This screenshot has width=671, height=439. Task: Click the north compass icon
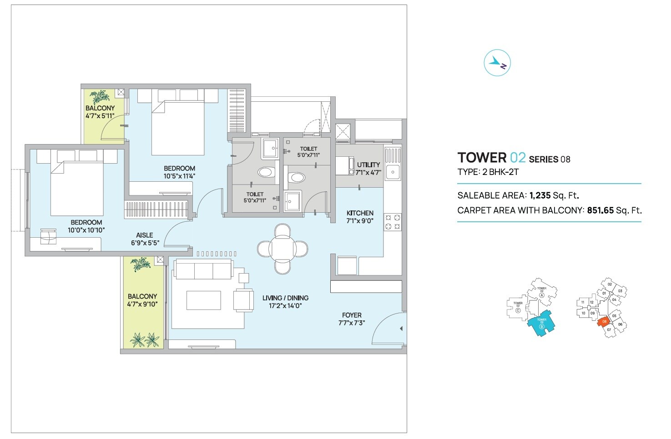497,63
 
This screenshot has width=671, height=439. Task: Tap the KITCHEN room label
360,213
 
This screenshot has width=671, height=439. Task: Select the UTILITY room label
368,165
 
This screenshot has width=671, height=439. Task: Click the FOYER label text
352,315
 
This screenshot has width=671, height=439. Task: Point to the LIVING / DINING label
285,298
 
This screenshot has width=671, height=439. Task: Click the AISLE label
144,235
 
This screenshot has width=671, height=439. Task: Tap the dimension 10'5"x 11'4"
179,176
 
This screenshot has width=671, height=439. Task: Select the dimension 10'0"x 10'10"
86,230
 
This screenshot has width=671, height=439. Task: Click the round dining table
282,249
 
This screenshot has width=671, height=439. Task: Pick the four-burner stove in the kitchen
393,222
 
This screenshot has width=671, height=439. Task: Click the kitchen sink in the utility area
393,172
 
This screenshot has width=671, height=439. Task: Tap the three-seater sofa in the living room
203,271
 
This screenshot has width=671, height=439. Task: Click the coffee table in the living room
203,300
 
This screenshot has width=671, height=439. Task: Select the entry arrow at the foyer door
401,329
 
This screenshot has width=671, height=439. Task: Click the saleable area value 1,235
540,196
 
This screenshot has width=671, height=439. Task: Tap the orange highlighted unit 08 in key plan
604,322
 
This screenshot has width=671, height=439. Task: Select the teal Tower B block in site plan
541,323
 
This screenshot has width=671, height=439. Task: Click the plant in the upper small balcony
100,97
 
